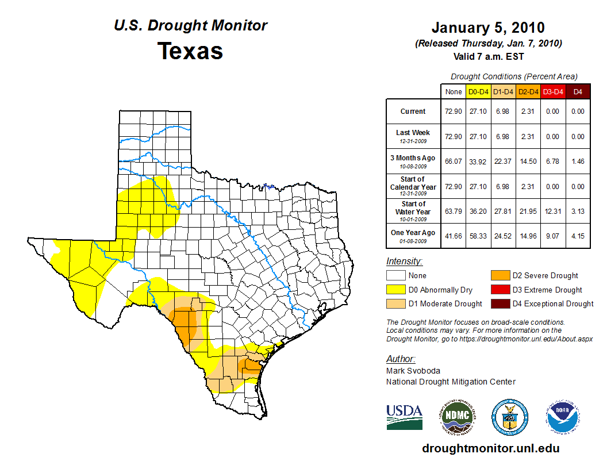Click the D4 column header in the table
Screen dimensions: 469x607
[x=578, y=91]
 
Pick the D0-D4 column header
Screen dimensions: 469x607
[x=478, y=91]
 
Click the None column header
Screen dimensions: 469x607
[x=453, y=91]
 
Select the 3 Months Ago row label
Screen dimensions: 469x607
[x=413, y=161]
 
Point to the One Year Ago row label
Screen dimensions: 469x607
[x=413, y=236]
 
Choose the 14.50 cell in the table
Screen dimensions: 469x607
[x=528, y=162]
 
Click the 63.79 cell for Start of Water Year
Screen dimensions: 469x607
[x=453, y=212]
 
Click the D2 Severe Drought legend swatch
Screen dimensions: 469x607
[x=500, y=276]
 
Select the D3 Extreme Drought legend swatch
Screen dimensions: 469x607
[x=500, y=290]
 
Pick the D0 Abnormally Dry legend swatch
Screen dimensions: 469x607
[x=396, y=290]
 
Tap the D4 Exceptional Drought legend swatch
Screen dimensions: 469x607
[x=500, y=303]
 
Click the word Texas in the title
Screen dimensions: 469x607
[x=190, y=51]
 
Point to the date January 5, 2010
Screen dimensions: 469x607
[x=488, y=28]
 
